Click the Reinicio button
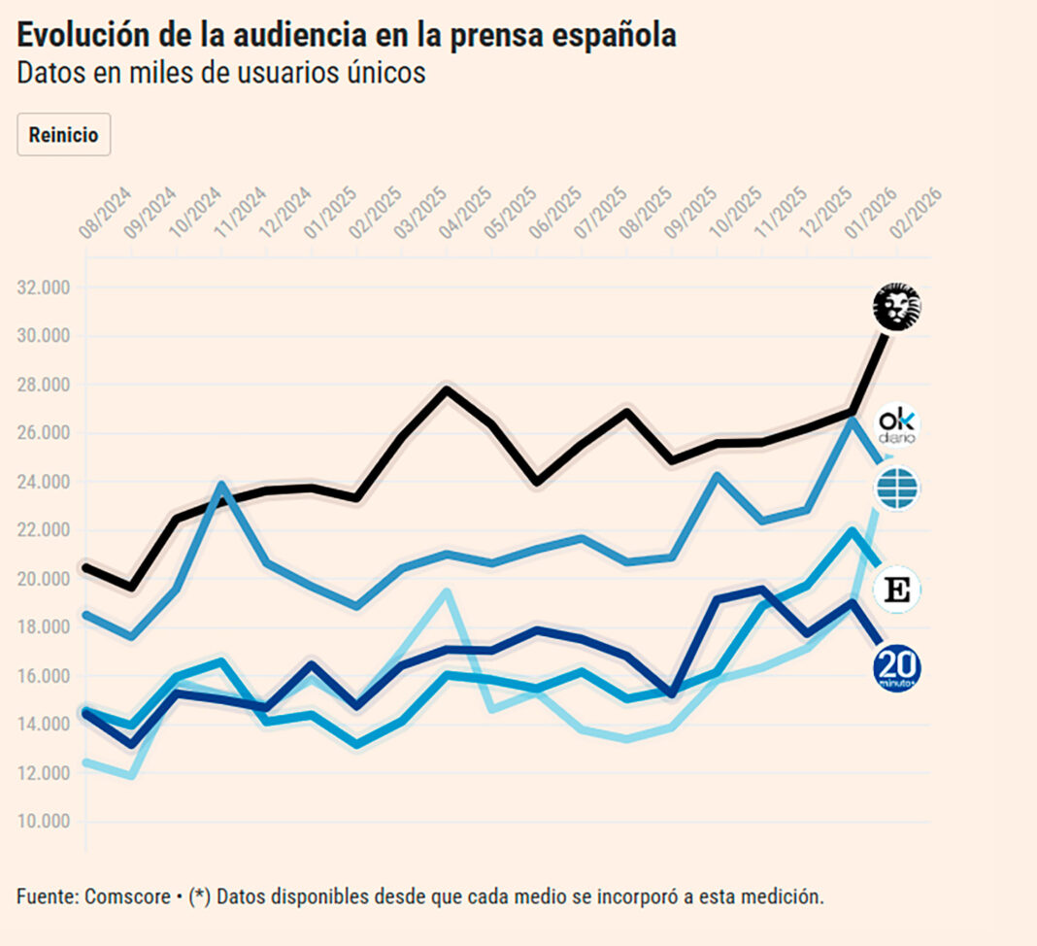(64, 135)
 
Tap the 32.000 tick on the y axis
(44, 287)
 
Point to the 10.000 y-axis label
(44, 822)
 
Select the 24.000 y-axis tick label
(44, 482)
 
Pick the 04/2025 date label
(463, 216)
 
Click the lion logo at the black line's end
(896, 308)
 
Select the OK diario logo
(896, 425)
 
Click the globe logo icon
(896, 489)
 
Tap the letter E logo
(896, 591)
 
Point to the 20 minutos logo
(896, 668)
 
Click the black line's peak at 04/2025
(446, 389)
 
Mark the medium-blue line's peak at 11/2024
(221, 484)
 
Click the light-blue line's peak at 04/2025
(446, 591)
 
